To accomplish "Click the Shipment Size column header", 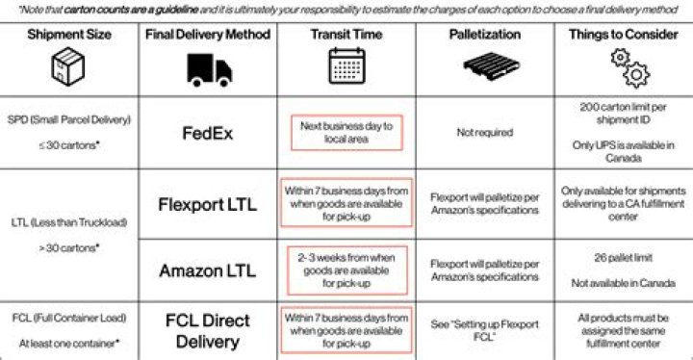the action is click(69, 35).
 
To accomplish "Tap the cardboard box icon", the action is click(68, 66).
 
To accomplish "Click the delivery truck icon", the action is click(209, 70).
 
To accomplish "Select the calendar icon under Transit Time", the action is click(346, 65).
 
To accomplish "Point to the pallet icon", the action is click(492, 66).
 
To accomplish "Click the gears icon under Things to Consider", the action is click(629, 68).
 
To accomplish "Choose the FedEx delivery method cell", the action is click(208, 133).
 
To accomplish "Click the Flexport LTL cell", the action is click(208, 204).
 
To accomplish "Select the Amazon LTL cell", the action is click(208, 270).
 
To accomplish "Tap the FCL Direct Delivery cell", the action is click(208, 331).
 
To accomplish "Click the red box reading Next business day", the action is click(346, 133).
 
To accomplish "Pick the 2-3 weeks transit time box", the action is click(346, 270).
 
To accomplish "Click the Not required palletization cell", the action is click(485, 132).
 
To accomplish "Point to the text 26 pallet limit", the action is click(623, 258).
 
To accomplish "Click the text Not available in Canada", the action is click(623, 283).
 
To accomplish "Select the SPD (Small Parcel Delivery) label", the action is click(69, 120).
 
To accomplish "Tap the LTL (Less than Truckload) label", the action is click(69, 222).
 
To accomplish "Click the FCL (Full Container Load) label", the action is click(69, 318).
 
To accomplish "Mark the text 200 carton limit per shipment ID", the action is click(623, 114).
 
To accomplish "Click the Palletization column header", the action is click(485, 35).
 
